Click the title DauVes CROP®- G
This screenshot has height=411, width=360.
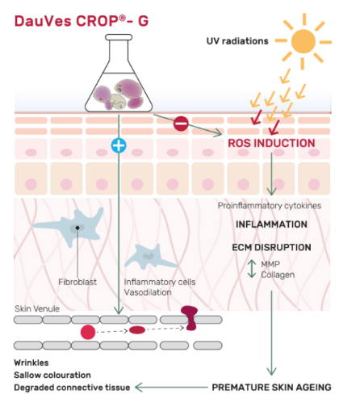coord(82,21)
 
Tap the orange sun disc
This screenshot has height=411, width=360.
coord(303,41)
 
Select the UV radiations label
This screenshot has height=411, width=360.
coord(237,41)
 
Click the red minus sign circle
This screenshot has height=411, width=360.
coord(181,124)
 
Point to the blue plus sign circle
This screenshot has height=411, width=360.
coord(119,145)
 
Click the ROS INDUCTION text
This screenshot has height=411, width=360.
coord(271,143)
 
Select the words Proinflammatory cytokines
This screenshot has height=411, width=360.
coord(270,206)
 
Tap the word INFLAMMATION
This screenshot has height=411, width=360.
coord(271,224)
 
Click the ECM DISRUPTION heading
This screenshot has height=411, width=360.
coord(271,248)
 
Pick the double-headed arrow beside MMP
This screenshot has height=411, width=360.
coord(252,269)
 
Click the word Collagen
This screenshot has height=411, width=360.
coord(278,275)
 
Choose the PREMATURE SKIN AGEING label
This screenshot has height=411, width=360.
coord(271,388)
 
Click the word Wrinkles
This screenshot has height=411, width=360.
coord(31,363)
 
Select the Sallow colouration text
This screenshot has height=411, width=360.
coord(52,375)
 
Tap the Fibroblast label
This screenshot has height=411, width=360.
coord(77,282)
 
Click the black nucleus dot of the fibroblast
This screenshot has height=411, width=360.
coord(77,228)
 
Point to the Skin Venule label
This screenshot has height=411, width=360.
coord(37,308)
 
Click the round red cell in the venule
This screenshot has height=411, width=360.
coord(88,332)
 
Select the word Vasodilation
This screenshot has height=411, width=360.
coord(148,292)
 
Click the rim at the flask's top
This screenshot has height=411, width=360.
coord(119,37)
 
